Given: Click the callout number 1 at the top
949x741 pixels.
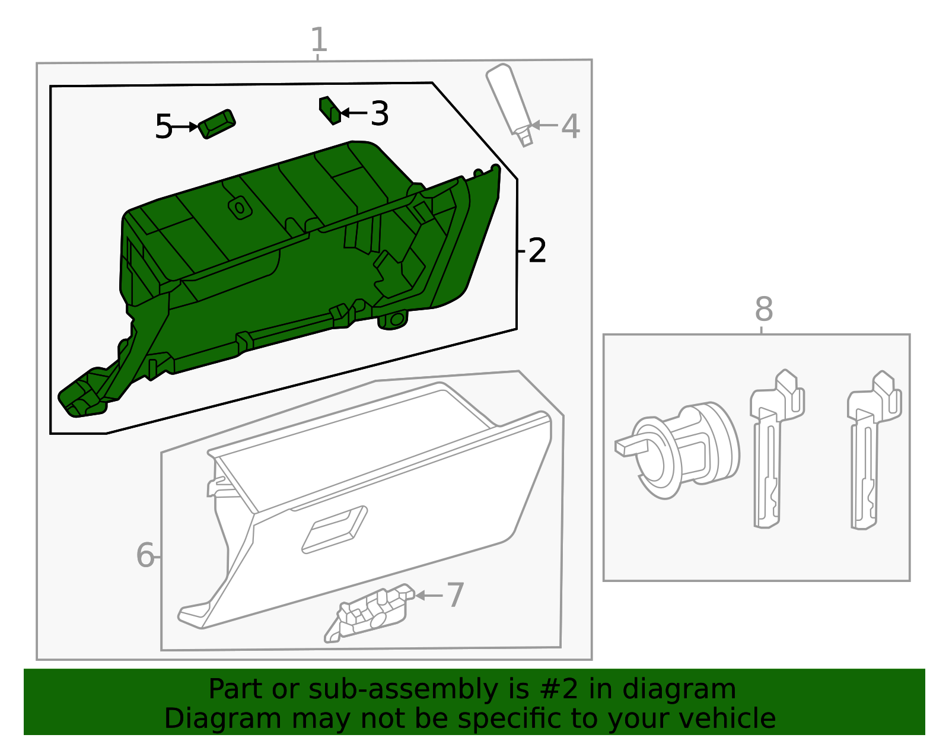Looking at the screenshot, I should (319, 40).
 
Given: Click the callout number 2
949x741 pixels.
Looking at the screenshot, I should (537, 251).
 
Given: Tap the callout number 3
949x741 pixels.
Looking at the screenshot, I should (379, 113).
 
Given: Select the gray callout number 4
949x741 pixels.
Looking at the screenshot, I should (570, 126).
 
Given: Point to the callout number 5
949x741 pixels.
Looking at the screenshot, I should (163, 127).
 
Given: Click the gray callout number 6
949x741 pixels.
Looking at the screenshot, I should (145, 556).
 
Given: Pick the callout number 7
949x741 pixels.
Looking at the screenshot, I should (455, 595).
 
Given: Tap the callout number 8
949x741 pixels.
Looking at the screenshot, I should (764, 309).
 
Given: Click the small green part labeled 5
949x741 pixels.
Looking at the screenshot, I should (216, 124).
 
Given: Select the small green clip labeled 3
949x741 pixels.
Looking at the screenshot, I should (330, 110).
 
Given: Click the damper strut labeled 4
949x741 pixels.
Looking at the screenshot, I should (509, 101).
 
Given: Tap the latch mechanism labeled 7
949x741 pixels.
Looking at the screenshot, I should (371, 614).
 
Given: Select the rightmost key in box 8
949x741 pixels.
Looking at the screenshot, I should (872, 451).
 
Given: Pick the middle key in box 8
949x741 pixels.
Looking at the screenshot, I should (774, 451).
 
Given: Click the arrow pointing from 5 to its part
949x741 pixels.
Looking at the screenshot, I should (186, 127).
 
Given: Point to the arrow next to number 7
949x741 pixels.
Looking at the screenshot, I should (429, 595).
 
